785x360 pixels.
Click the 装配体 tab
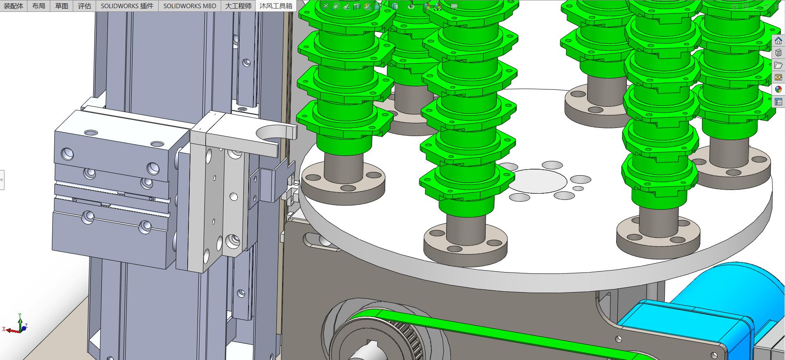point(13,6)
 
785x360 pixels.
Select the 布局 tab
point(38,6)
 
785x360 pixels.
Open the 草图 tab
point(61,6)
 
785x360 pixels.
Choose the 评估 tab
point(84,6)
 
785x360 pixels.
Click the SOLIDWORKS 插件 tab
point(127,6)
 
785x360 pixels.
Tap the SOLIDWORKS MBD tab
point(190,6)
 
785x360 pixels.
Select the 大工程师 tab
point(238,6)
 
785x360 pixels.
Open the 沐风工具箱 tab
point(276,6)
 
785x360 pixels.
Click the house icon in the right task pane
point(778,41)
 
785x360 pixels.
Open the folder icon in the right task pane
point(778,65)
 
